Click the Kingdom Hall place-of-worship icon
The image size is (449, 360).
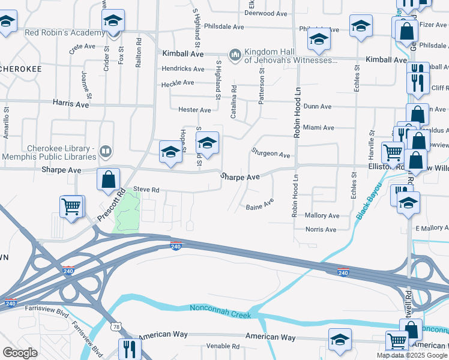(x=234, y=55)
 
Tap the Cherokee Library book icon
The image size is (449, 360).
(x=105, y=151)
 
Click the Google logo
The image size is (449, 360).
(x=20, y=353)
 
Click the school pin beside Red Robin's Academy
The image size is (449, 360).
(x=112, y=22)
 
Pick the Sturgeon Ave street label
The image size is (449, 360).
(x=271, y=154)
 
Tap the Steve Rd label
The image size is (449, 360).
(x=146, y=190)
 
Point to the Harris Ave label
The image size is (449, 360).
(x=70, y=104)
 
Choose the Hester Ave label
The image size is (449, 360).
(x=194, y=110)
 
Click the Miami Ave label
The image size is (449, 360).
(x=318, y=128)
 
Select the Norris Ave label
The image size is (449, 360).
(x=321, y=229)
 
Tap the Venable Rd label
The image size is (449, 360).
(x=222, y=346)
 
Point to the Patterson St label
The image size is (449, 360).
(x=262, y=86)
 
